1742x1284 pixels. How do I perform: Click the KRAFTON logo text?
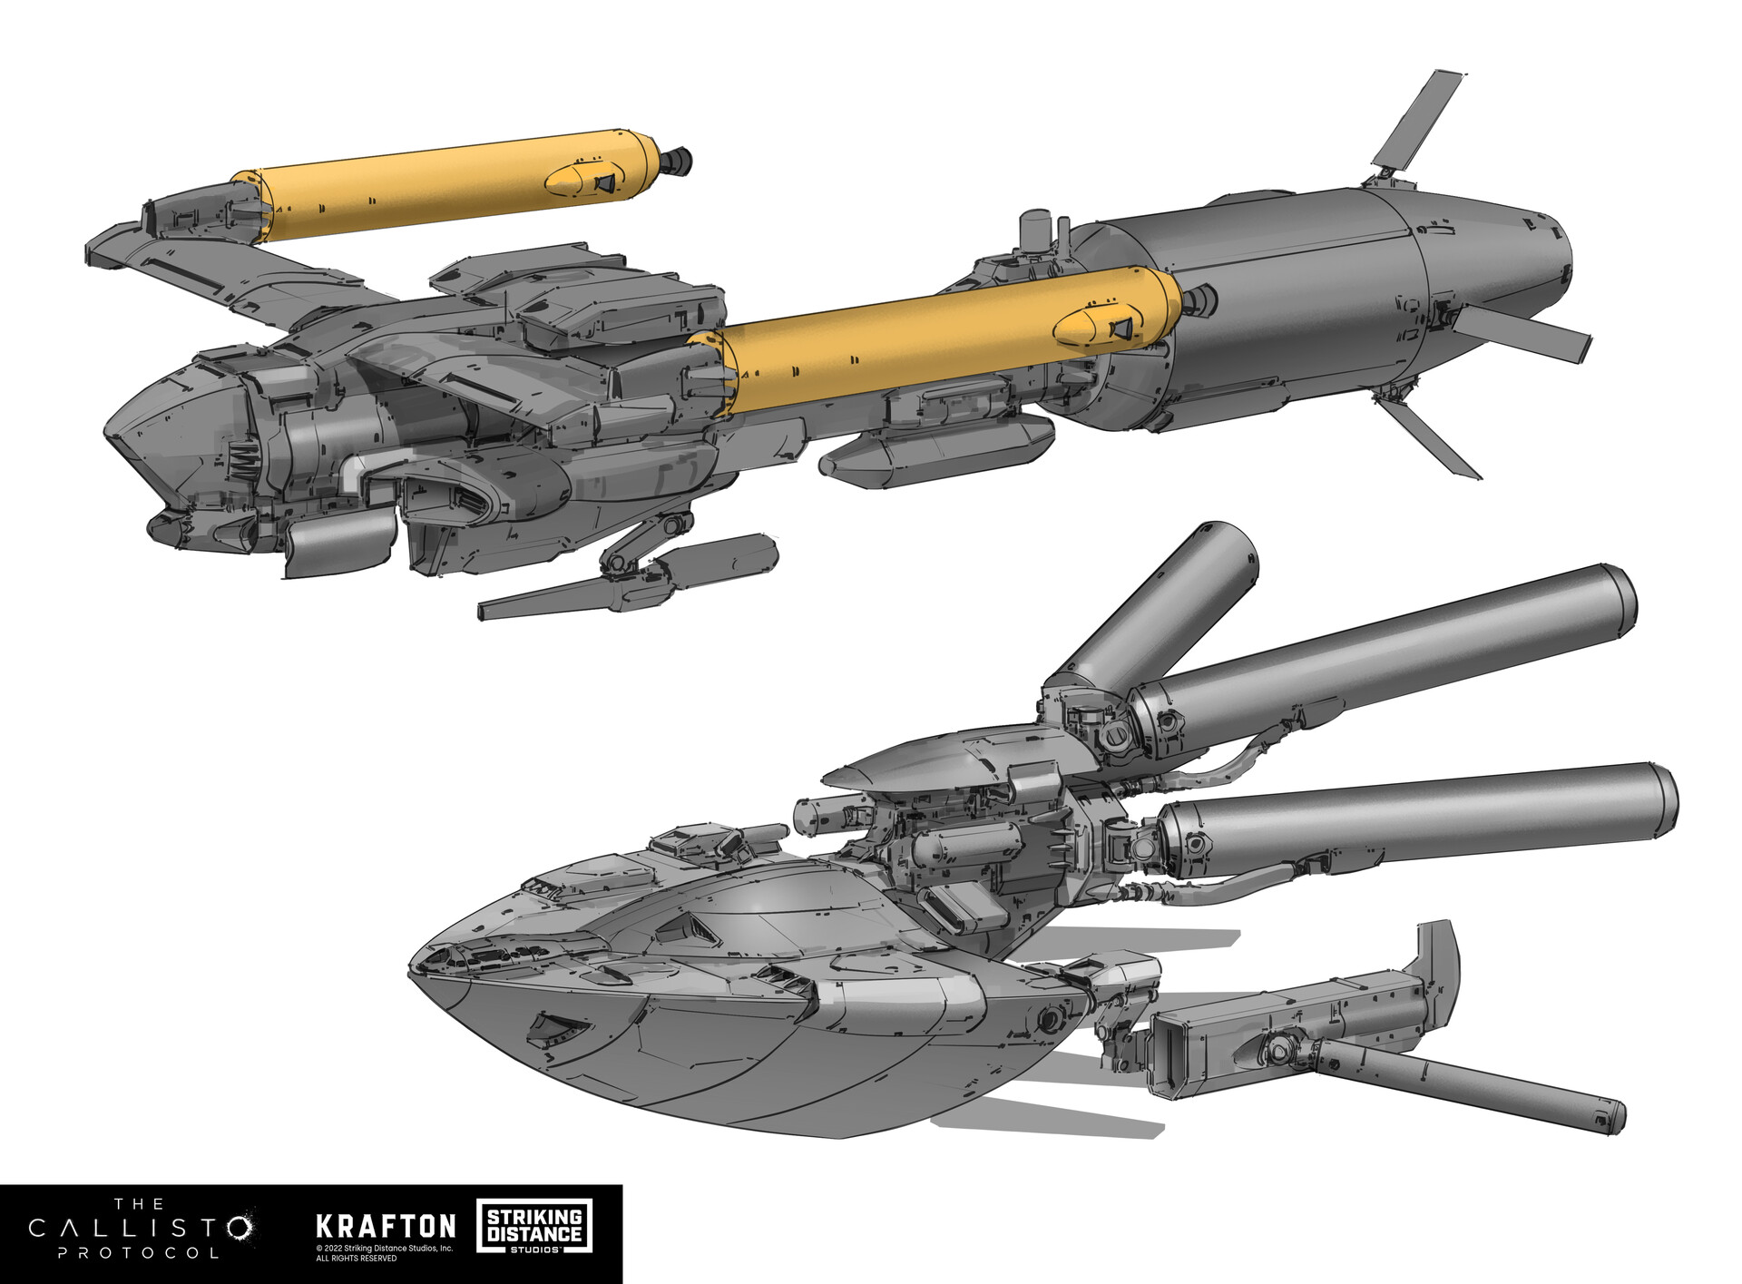[386, 1227]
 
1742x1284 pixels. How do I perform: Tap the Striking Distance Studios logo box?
[533, 1227]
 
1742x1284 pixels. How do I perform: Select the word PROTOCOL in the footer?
[138, 1254]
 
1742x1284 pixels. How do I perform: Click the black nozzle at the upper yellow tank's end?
[676, 161]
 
